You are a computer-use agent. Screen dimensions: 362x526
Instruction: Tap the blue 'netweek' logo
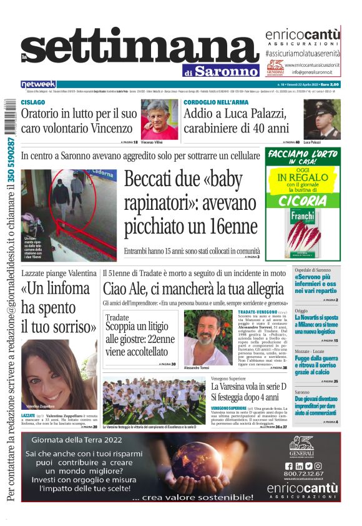(x=38, y=84)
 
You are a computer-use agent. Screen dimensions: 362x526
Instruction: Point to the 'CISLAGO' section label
(x=32, y=101)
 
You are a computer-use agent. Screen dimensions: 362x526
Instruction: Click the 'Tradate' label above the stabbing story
(x=117, y=317)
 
